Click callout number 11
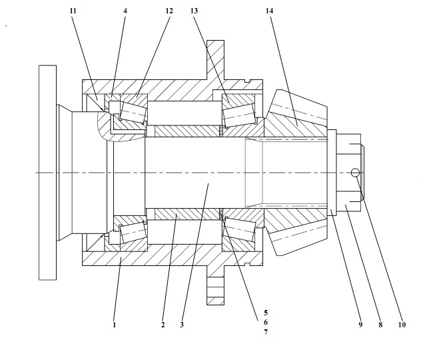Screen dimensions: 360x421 click(73, 12)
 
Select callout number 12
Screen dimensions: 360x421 click(169, 12)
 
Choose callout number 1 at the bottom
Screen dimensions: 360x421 click(114, 325)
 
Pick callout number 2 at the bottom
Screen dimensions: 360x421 click(162, 325)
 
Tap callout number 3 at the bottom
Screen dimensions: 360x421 click(181, 325)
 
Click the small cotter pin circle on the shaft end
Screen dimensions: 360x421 click(356, 174)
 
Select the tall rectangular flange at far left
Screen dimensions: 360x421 click(46, 172)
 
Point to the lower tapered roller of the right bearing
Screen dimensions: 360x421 click(238, 232)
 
